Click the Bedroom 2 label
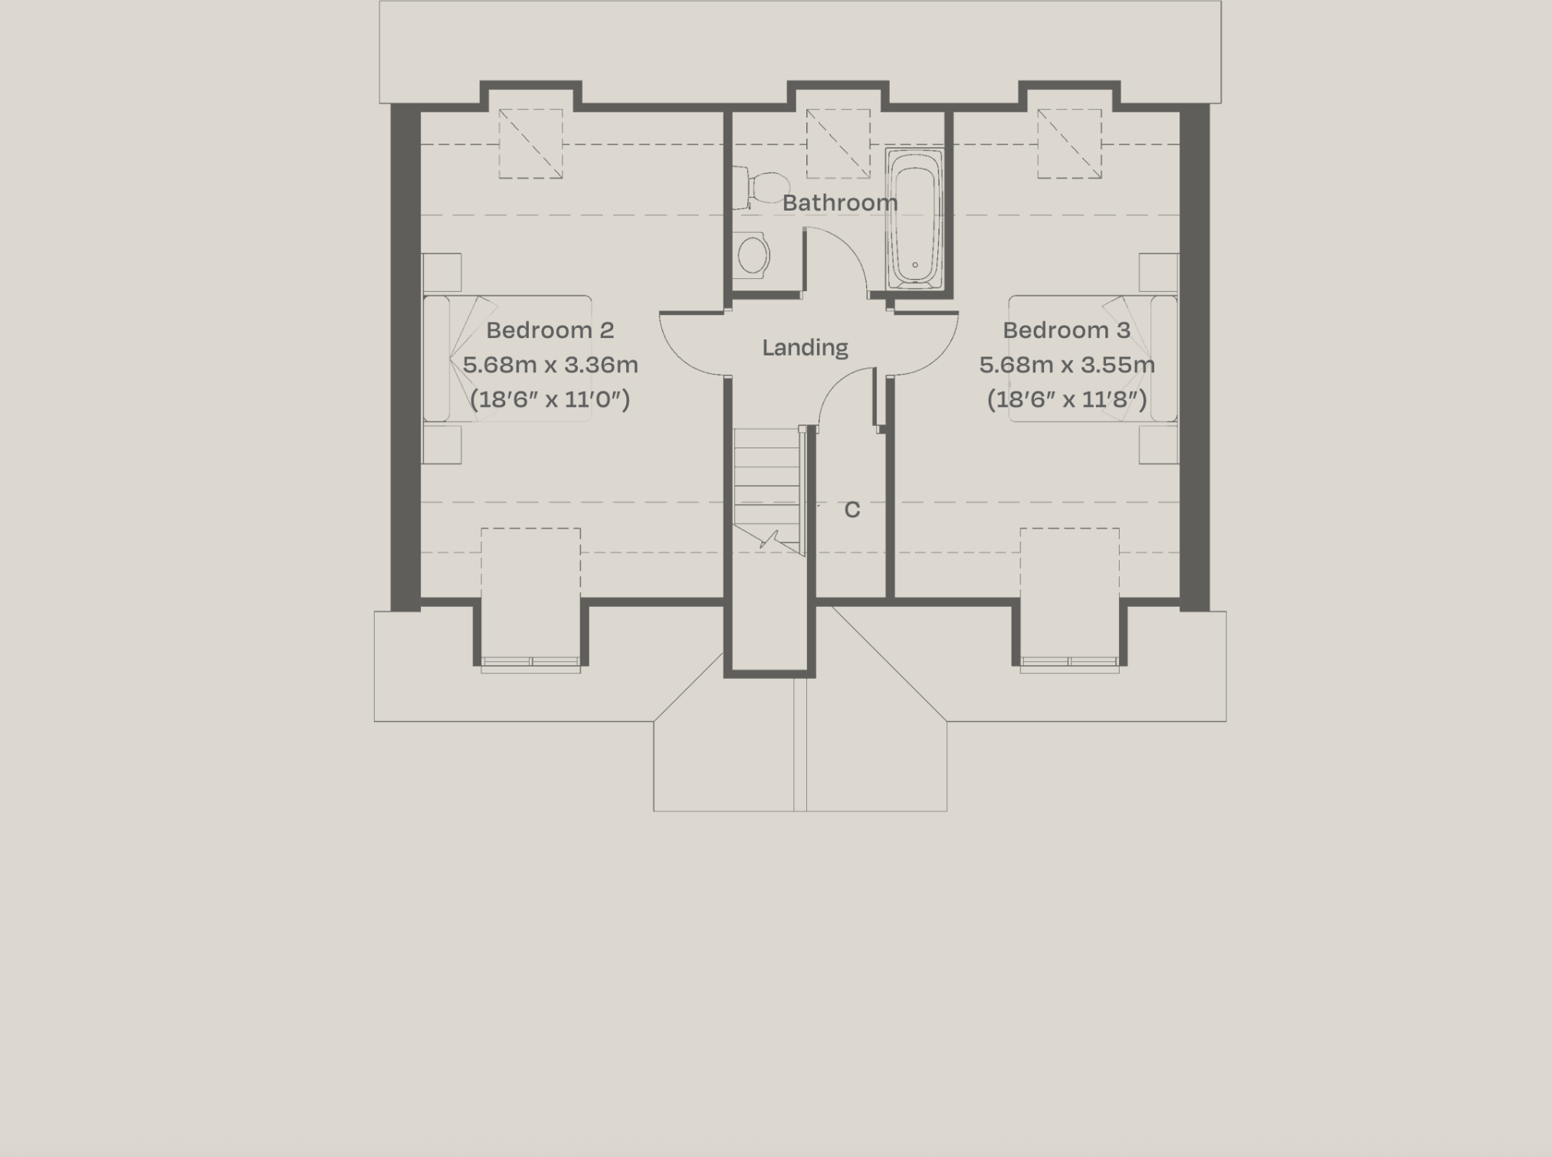click(550, 330)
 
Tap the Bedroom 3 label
click(1066, 330)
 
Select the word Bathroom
click(840, 203)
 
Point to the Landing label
click(805, 348)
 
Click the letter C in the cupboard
click(852, 510)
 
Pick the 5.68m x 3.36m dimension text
click(550, 365)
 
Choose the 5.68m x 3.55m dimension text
click(1067, 365)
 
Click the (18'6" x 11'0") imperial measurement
click(550, 399)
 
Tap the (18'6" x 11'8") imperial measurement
click(1067, 399)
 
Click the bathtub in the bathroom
click(914, 218)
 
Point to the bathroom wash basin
click(753, 255)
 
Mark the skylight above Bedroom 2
click(530, 144)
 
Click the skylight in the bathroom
click(838, 144)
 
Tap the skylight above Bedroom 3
click(1069, 144)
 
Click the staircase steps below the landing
click(766, 483)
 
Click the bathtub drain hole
click(914, 265)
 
